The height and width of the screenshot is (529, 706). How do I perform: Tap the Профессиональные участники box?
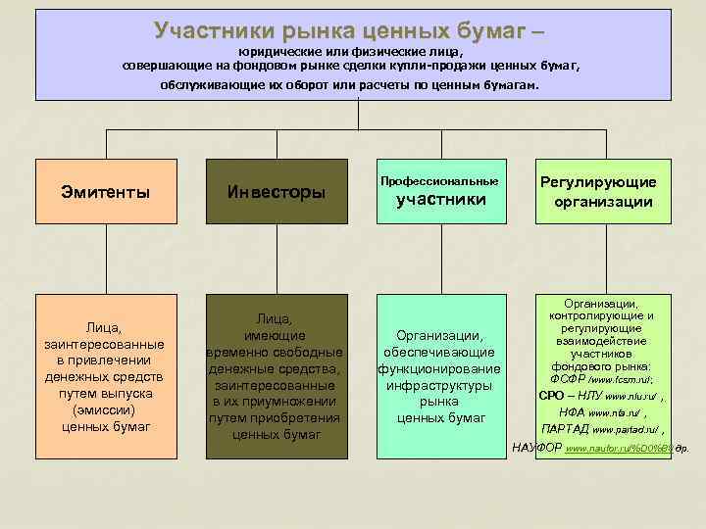(x=439, y=192)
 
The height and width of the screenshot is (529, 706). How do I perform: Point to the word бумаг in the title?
(x=483, y=31)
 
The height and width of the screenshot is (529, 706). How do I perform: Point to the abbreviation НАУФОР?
(x=538, y=448)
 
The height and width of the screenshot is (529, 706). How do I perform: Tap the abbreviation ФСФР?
(x=569, y=378)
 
